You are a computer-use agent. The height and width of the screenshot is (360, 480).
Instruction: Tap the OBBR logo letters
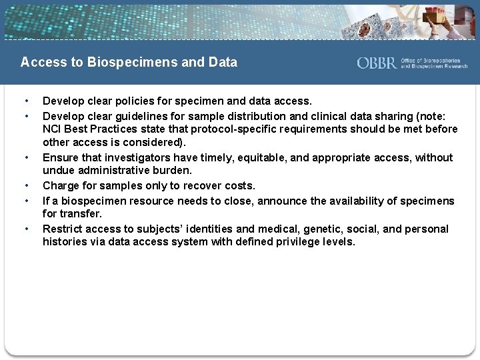[377, 63]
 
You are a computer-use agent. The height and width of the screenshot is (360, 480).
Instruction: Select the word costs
[239, 185]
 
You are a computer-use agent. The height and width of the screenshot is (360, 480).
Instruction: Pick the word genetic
[319, 229]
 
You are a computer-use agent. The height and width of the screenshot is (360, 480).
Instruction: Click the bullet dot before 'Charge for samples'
[26, 186]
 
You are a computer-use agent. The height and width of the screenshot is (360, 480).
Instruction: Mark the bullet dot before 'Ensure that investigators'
[26, 158]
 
